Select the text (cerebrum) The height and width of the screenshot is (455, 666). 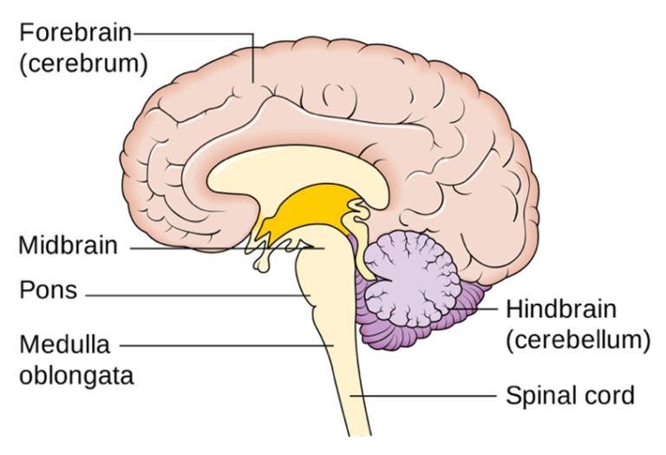click(82, 63)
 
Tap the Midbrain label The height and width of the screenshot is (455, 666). click(68, 246)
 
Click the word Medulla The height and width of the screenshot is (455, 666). click(64, 345)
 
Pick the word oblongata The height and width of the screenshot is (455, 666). click(75, 376)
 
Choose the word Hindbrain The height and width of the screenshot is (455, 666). click(561, 309)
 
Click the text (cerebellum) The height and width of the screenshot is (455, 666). click(578, 340)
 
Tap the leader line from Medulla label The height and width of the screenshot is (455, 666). click(225, 345)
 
